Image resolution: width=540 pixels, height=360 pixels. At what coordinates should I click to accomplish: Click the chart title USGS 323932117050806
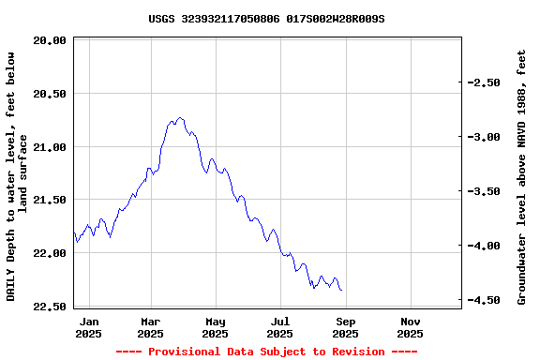[266, 19]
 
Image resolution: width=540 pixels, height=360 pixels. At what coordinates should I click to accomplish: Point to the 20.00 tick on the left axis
[49, 40]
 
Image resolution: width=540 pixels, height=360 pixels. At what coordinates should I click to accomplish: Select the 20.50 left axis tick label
[49, 94]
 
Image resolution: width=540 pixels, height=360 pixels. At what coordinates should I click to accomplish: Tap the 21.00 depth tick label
[49, 147]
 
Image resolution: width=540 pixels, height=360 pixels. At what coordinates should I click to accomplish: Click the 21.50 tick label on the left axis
[49, 200]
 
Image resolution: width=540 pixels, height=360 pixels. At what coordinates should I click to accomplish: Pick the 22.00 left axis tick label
[49, 253]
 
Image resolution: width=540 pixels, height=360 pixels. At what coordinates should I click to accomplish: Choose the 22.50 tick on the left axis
[49, 307]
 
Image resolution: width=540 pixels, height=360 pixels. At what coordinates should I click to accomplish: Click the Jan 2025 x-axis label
[88, 327]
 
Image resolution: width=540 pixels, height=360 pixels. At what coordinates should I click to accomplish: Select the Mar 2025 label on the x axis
[150, 327]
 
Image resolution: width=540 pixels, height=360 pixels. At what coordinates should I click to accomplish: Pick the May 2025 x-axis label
[215, 327]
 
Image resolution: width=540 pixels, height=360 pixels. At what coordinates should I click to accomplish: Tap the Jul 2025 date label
[279, 327]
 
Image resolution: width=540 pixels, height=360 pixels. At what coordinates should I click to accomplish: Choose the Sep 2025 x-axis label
[345, 327]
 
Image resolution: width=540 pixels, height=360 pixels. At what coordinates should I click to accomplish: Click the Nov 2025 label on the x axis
[410, 327]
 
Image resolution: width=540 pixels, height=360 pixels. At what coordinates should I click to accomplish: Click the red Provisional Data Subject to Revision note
[266, 352]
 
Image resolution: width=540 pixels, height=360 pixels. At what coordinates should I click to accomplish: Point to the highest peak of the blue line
[180, 118]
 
